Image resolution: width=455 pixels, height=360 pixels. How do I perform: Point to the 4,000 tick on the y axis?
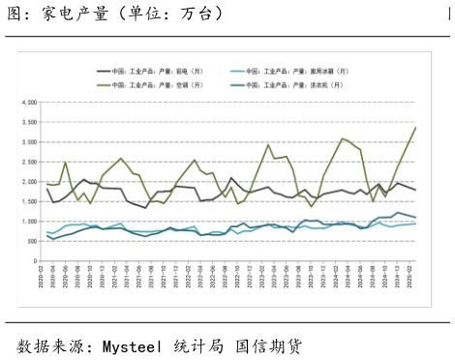(28, 102)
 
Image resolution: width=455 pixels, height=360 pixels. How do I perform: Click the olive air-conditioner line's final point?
(416, 128)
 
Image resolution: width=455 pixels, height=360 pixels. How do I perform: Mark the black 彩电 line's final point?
(416, 190)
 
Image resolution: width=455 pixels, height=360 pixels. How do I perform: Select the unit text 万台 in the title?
(203, 15)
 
